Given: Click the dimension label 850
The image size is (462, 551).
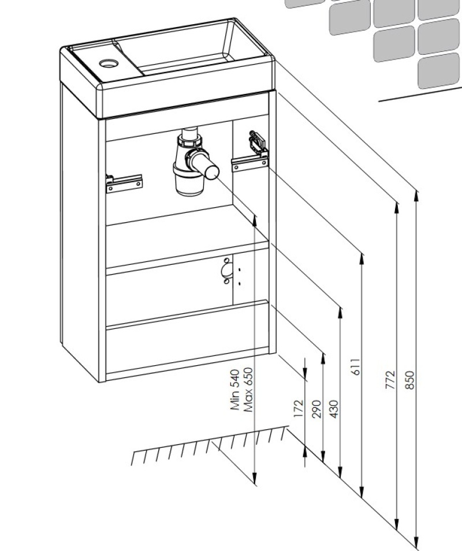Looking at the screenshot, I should point(410,380).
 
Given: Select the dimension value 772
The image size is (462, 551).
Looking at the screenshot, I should point(390,380).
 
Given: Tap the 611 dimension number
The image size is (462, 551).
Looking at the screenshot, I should point(356,367).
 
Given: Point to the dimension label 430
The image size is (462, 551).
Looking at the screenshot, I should point(334,408).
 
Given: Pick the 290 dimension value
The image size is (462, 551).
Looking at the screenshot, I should point(316,408).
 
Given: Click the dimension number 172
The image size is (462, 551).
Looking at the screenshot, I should point(299,408).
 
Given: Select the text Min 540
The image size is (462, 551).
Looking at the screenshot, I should point(235,390).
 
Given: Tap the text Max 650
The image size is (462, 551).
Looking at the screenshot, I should point(248,390).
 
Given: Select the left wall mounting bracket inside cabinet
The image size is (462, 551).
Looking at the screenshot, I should point(124,182).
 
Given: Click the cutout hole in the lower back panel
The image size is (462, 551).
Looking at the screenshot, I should point(227,271).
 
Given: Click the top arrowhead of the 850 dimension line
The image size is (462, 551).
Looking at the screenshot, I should point(416,193).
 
